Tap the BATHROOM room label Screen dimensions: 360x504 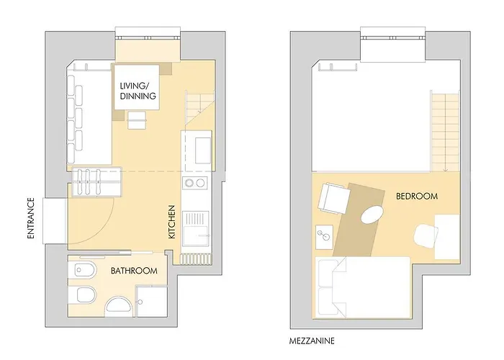[x=134, y=271]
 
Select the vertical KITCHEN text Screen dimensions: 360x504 [x=172, y=222]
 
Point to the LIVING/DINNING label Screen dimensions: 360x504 [x=138, y=91]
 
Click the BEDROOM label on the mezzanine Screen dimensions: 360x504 [x=417, y=196]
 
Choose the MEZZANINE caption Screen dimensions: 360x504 [x=311, y=339]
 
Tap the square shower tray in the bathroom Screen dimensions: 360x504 [x=151, y=301]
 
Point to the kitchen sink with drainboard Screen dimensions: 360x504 [x=196, y=225]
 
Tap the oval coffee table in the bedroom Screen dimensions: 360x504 [x=372, y=215]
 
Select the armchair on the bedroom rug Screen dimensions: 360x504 [x=333, y=198]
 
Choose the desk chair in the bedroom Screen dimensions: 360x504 [x=426, y=235]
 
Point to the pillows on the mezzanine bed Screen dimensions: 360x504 [x=329, y=286]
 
